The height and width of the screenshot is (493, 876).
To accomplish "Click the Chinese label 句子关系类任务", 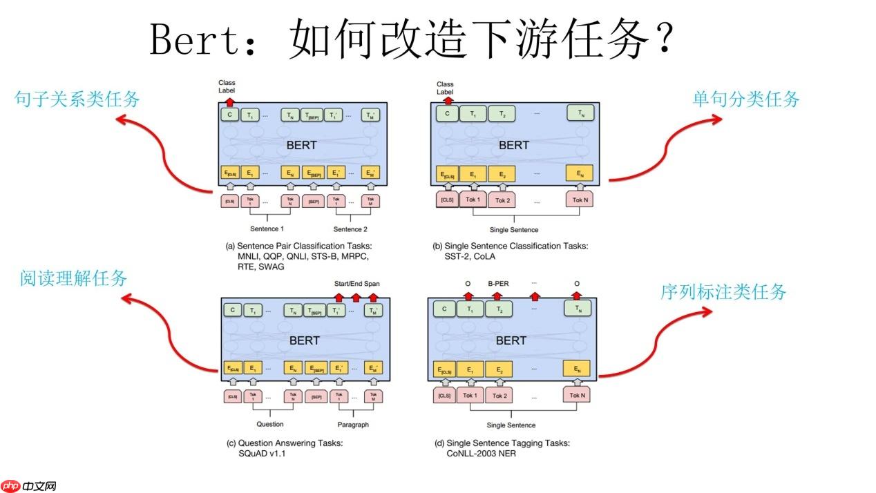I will pyautogui.click(x=77, y=99).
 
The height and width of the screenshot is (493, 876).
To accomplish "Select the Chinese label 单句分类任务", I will pyautogui.click(x=745, y=99).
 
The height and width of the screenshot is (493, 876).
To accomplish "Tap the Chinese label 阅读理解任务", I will pyautogui.click(x=74, y=279).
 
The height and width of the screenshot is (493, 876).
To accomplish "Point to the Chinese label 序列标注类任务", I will pyautogui.click(x=723, y=292).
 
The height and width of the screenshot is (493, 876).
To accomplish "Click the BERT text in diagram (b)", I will pyautogui.click(x=513, y=145).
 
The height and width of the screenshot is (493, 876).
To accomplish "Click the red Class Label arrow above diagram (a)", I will pyautogui.click(x=230, y=101).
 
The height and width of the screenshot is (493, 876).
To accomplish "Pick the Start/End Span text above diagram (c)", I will pyautogui.click(x=356, y=284).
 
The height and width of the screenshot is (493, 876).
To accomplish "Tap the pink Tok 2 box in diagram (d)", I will pyautogui.click(x=499, y=396).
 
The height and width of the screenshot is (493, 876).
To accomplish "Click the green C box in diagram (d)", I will pyautogui.click(x=444, y=310).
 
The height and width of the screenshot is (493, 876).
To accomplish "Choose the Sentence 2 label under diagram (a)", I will pyautogui.click(x=350, y=229).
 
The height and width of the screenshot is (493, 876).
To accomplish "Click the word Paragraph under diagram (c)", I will pyautogui.click(x=353, y=425).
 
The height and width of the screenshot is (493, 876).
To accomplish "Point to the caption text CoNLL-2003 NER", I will pyautogui.click(x=481, y=454).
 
